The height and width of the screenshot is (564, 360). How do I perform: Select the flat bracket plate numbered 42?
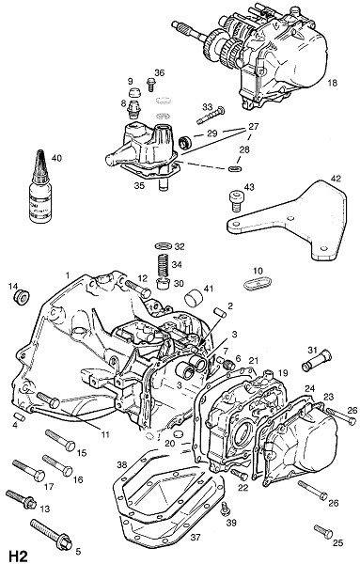[x=291, y=220]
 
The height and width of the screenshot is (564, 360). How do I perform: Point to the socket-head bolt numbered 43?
[x=235, y=201]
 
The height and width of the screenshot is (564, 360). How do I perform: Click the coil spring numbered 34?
[x=164, y=265]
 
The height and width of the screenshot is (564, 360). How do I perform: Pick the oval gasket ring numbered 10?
[x=258, y=283]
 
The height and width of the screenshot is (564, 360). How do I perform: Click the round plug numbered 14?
[x=21, y=296]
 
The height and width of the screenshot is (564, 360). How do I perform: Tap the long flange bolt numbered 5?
[x=51, y=535]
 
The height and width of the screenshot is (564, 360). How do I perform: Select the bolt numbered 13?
[x=22, y=498]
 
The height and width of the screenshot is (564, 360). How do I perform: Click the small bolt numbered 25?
[x=323, y=532]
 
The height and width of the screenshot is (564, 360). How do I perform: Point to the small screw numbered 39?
[x=226, y=509]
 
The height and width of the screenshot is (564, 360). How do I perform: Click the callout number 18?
[x=333, y=83]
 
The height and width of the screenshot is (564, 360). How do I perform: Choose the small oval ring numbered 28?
[x=235, y=168]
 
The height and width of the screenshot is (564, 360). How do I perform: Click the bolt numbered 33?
[x=211, y=115]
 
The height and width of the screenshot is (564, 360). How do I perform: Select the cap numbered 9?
[x=134, y=92]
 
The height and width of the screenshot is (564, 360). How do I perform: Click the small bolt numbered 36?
[x=150, y=86]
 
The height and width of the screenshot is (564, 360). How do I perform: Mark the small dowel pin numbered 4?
[x=20, y=416]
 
